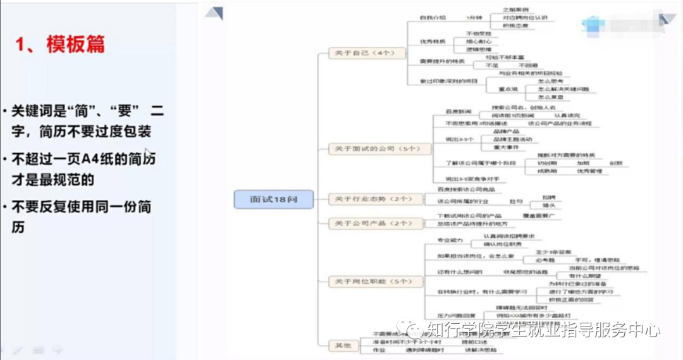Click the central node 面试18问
coord(274,199)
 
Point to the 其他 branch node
coord(341,344)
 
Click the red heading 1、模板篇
coord(60,45)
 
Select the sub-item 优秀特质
coord(433,41)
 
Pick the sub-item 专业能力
coord(450,240)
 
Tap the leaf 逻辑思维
coord(479,49)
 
